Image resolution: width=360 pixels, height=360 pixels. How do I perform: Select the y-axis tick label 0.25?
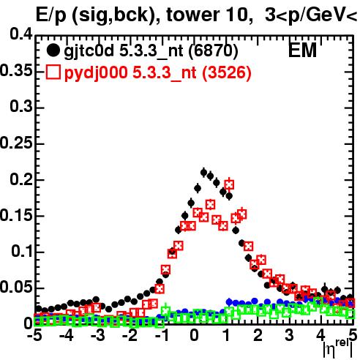point(16,143)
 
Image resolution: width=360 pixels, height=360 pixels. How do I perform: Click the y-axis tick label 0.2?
point(21,179)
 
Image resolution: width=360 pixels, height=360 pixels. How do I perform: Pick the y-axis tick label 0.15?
point(16,215)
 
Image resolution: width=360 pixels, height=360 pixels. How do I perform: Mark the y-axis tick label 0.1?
point(22,251)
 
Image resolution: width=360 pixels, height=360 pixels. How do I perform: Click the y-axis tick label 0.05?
point(16,288)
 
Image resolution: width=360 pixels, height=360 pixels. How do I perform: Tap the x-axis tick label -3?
point(98,335)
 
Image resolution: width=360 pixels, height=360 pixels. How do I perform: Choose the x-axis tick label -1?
point(162,335)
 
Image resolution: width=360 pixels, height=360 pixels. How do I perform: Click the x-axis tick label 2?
point(258,335)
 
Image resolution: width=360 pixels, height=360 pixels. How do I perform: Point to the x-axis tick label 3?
point(290,335)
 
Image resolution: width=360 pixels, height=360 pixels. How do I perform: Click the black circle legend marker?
point(53,50)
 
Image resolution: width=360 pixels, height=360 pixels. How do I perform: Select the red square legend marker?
point(53,72)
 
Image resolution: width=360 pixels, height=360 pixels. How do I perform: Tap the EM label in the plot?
point(302,50)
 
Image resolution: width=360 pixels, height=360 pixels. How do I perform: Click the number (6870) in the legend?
point(213,51)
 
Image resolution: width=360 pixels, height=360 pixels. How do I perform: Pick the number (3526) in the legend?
point(227,73)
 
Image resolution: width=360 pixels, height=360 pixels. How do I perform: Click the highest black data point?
point(203,173)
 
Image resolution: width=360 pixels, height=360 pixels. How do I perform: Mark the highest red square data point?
point(229,184)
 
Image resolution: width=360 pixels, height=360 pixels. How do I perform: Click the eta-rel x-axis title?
point(338,348)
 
